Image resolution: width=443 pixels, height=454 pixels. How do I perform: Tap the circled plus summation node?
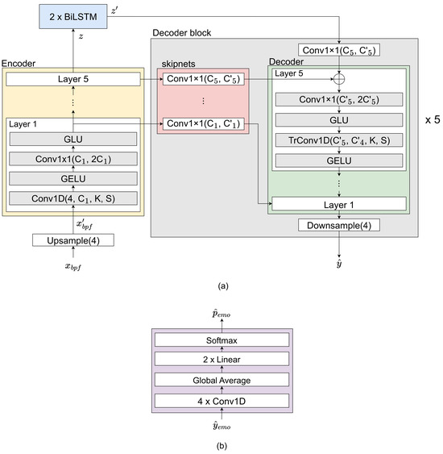click(339, 80)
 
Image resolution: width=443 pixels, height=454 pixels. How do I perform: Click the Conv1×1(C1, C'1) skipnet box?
click(201, 123)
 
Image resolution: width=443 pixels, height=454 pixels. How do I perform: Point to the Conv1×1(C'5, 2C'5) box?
click(339, 100)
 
